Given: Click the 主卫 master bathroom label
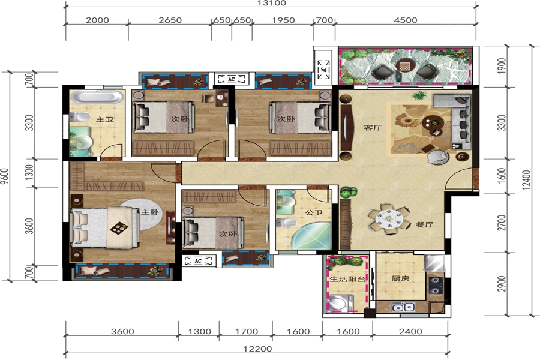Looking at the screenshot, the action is pos(104,119).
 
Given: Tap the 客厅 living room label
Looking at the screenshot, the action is pos(373,127).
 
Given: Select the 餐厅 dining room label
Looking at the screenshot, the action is pos(424,224).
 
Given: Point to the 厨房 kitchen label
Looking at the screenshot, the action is pos(401,278).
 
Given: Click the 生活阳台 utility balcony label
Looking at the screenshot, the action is pos(347,278).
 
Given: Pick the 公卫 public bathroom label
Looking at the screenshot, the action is pos(314,212).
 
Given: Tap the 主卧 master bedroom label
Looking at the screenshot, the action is pos(150,212).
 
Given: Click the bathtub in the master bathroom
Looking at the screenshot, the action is pos(97,97).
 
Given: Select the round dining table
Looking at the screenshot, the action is pos(389,218).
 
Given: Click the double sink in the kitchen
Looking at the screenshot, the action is pos(403,307).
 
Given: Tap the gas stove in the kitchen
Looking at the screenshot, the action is pos(436,285).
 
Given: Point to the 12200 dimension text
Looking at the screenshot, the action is pos(257,349).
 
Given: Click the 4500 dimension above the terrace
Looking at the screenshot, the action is pos(406,20).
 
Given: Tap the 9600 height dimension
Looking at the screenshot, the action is pos(4,176).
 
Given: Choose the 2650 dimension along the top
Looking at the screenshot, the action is pos(170,20).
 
